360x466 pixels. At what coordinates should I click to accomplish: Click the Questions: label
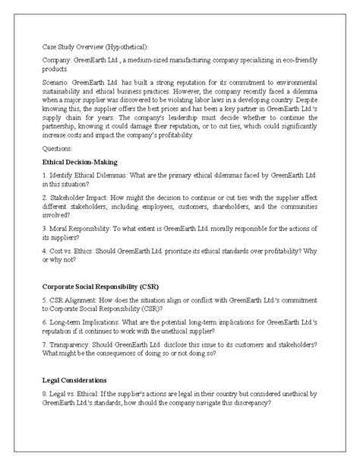(x=59, y=149)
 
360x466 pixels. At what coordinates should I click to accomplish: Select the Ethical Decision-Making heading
(x=80, y=163)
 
